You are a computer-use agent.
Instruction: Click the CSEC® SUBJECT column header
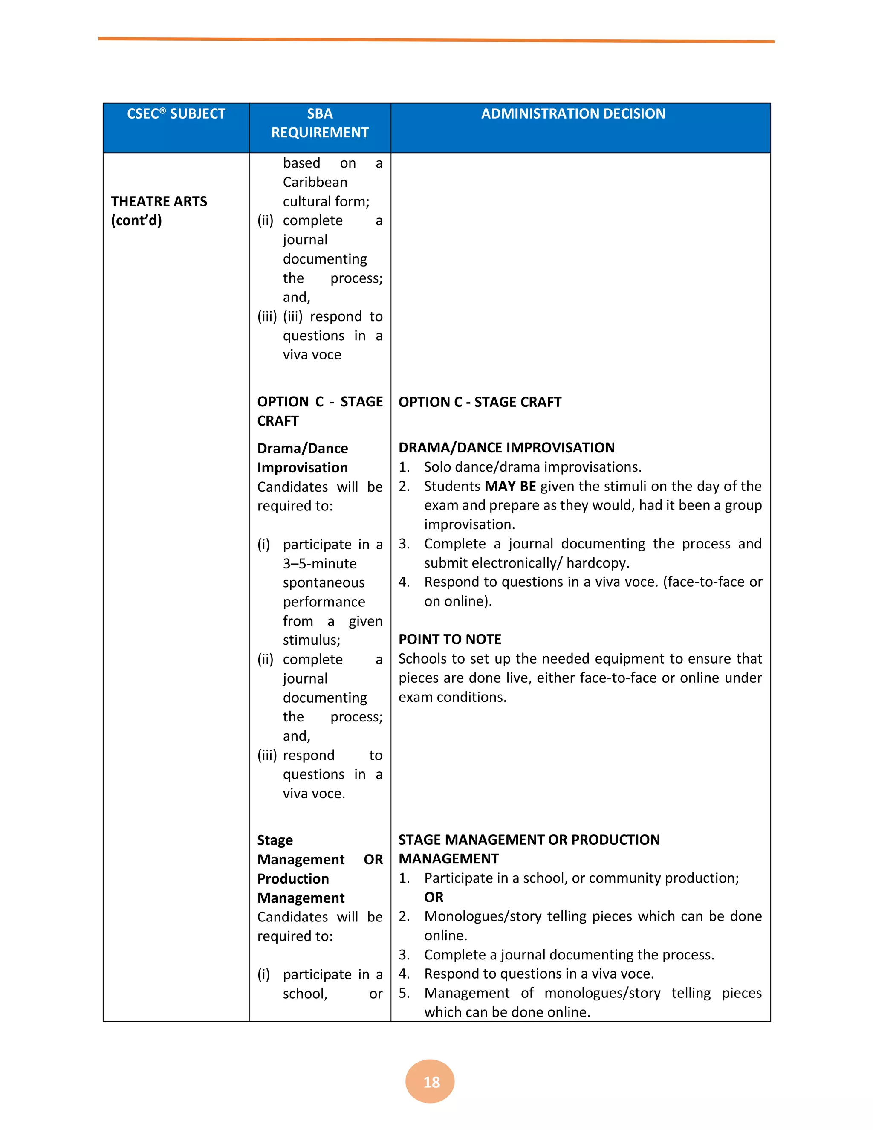pyautogui.click(x=176, y=114)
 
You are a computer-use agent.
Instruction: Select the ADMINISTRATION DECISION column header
pyautogui.click(x=573, y=114)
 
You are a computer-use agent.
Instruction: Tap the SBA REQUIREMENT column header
pyautogui.click(x=320, y=123)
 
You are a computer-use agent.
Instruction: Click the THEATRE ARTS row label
pyautogui.click(x=159, y=201)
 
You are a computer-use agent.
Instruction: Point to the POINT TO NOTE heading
pyautogui.click(x=449, y=639)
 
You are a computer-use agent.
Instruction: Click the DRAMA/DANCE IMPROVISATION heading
pyautogui.click(x=506, y=448)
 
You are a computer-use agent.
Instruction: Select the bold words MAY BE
pyautogui.click(x=510, y=487)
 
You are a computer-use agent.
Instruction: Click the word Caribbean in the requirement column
pyautogui.click(x=315, y=182)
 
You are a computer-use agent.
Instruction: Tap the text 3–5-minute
pyautogui.click(x=320, y=563)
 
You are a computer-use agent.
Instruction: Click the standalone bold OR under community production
pyautogui.click(x=434, y=897)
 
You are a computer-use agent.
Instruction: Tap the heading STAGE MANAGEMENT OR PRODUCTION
pyautogui.click(x=529, y=840)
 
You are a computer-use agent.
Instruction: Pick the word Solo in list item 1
pyautogui.click(x=437, y=467)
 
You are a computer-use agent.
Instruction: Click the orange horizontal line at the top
pyautogui.click(x=436, y=40)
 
